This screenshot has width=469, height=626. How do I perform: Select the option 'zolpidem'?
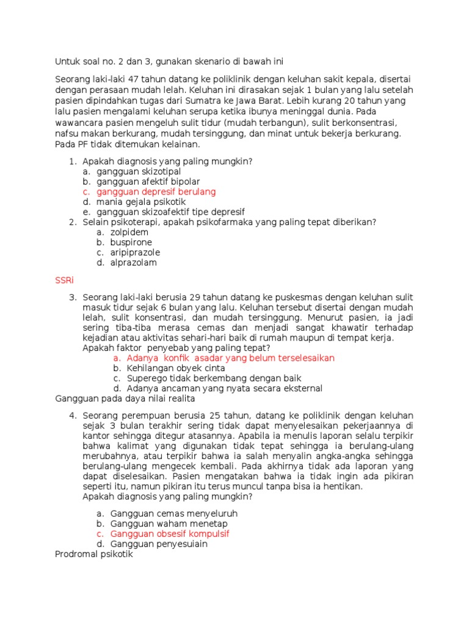point(129,232)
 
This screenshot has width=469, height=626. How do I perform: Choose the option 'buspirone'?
point(131,242)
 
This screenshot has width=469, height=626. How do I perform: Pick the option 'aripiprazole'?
point(135,252)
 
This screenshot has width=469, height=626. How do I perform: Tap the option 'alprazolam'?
point(133,263)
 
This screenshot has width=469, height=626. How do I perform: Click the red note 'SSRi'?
point(64,281)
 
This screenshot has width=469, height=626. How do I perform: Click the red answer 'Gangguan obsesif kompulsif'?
point(170,534)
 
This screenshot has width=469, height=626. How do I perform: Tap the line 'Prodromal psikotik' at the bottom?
point(93,554)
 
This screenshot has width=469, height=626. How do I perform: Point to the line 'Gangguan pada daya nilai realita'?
point(125,399)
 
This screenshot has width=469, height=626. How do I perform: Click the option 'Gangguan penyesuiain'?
point(159,544)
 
